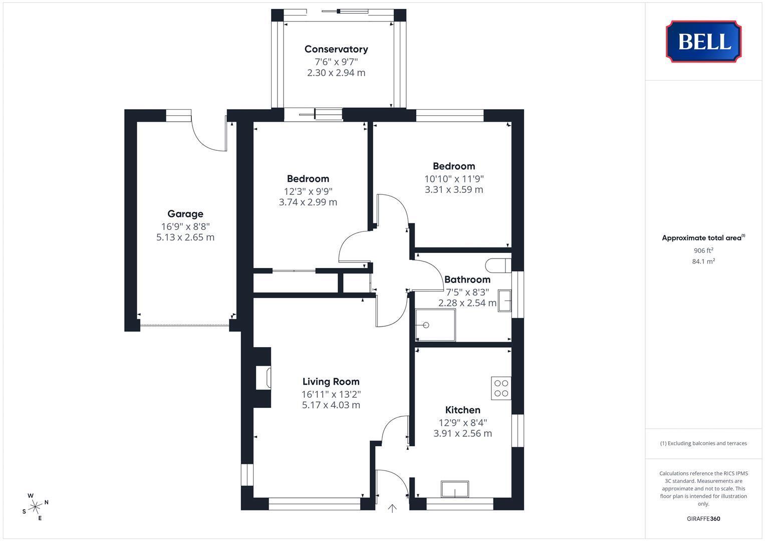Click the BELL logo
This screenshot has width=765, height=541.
click(703, 41)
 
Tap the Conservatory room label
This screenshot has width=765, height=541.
click(336, 49)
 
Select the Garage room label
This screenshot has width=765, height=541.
click(185, 214)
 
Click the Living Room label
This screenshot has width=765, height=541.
click(331, 382)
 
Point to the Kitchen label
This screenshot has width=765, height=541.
click(463, 410)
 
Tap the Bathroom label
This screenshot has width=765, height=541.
click(467, 280)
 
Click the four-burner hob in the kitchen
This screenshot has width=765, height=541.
click(501, 388)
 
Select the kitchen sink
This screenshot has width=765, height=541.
click(455, 489)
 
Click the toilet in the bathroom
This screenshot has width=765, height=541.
click(498, 265)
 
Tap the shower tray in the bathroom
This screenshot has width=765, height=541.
click(435, 325)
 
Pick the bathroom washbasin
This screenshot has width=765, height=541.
click(505, 301)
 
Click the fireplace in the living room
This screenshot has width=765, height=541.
click(264, 377)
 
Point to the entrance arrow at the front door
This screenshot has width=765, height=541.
click(392, 508)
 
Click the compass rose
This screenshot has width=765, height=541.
click(35, 507)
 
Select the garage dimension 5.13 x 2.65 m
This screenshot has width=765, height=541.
click(185, 237)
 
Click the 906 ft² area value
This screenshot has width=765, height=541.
click(703, 250)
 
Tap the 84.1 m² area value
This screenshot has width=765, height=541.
click(703, 261)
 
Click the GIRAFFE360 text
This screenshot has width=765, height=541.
click(703, 518)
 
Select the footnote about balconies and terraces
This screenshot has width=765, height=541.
click(703, 443)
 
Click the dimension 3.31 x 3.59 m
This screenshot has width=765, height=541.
click(454, 189)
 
